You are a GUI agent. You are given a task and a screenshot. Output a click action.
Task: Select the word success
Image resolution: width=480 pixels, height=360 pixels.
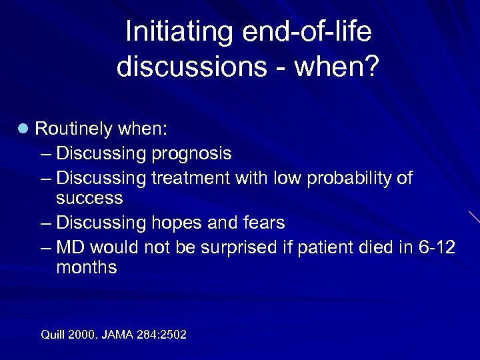coord(89,198)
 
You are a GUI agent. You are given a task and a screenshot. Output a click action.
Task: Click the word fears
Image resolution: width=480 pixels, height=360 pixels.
coord(262,223)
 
